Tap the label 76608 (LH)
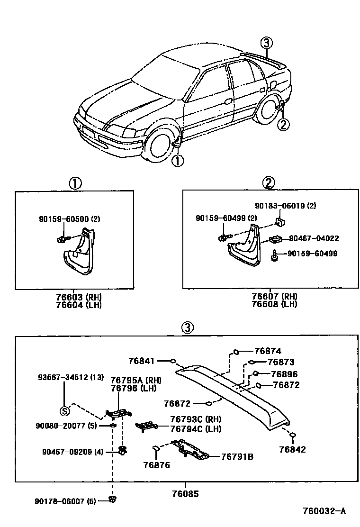coord(274,304)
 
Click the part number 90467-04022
coord(314,238)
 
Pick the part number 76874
coord(268,351)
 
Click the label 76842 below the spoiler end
coord(292,449)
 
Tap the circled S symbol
coord(63,411)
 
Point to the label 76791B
coord(237,456)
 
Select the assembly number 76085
coord(185,493)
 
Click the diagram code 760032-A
coord(324,511)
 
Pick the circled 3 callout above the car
coord(267,43)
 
